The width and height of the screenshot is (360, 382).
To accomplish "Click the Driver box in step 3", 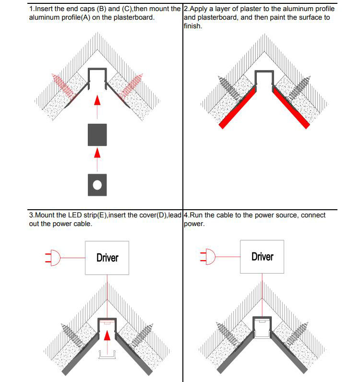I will pos(107,258).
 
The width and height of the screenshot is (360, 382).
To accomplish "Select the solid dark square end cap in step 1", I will pos(97,135).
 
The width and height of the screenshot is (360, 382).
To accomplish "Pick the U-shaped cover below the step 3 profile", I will pos(108,354).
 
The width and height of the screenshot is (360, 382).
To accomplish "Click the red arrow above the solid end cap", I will pos(97,100).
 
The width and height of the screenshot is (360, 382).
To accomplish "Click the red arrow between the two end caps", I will pos(97,153).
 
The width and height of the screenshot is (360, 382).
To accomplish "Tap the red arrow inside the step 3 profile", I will pos(108,334).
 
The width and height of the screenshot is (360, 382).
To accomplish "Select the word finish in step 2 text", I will pos(192,26).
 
